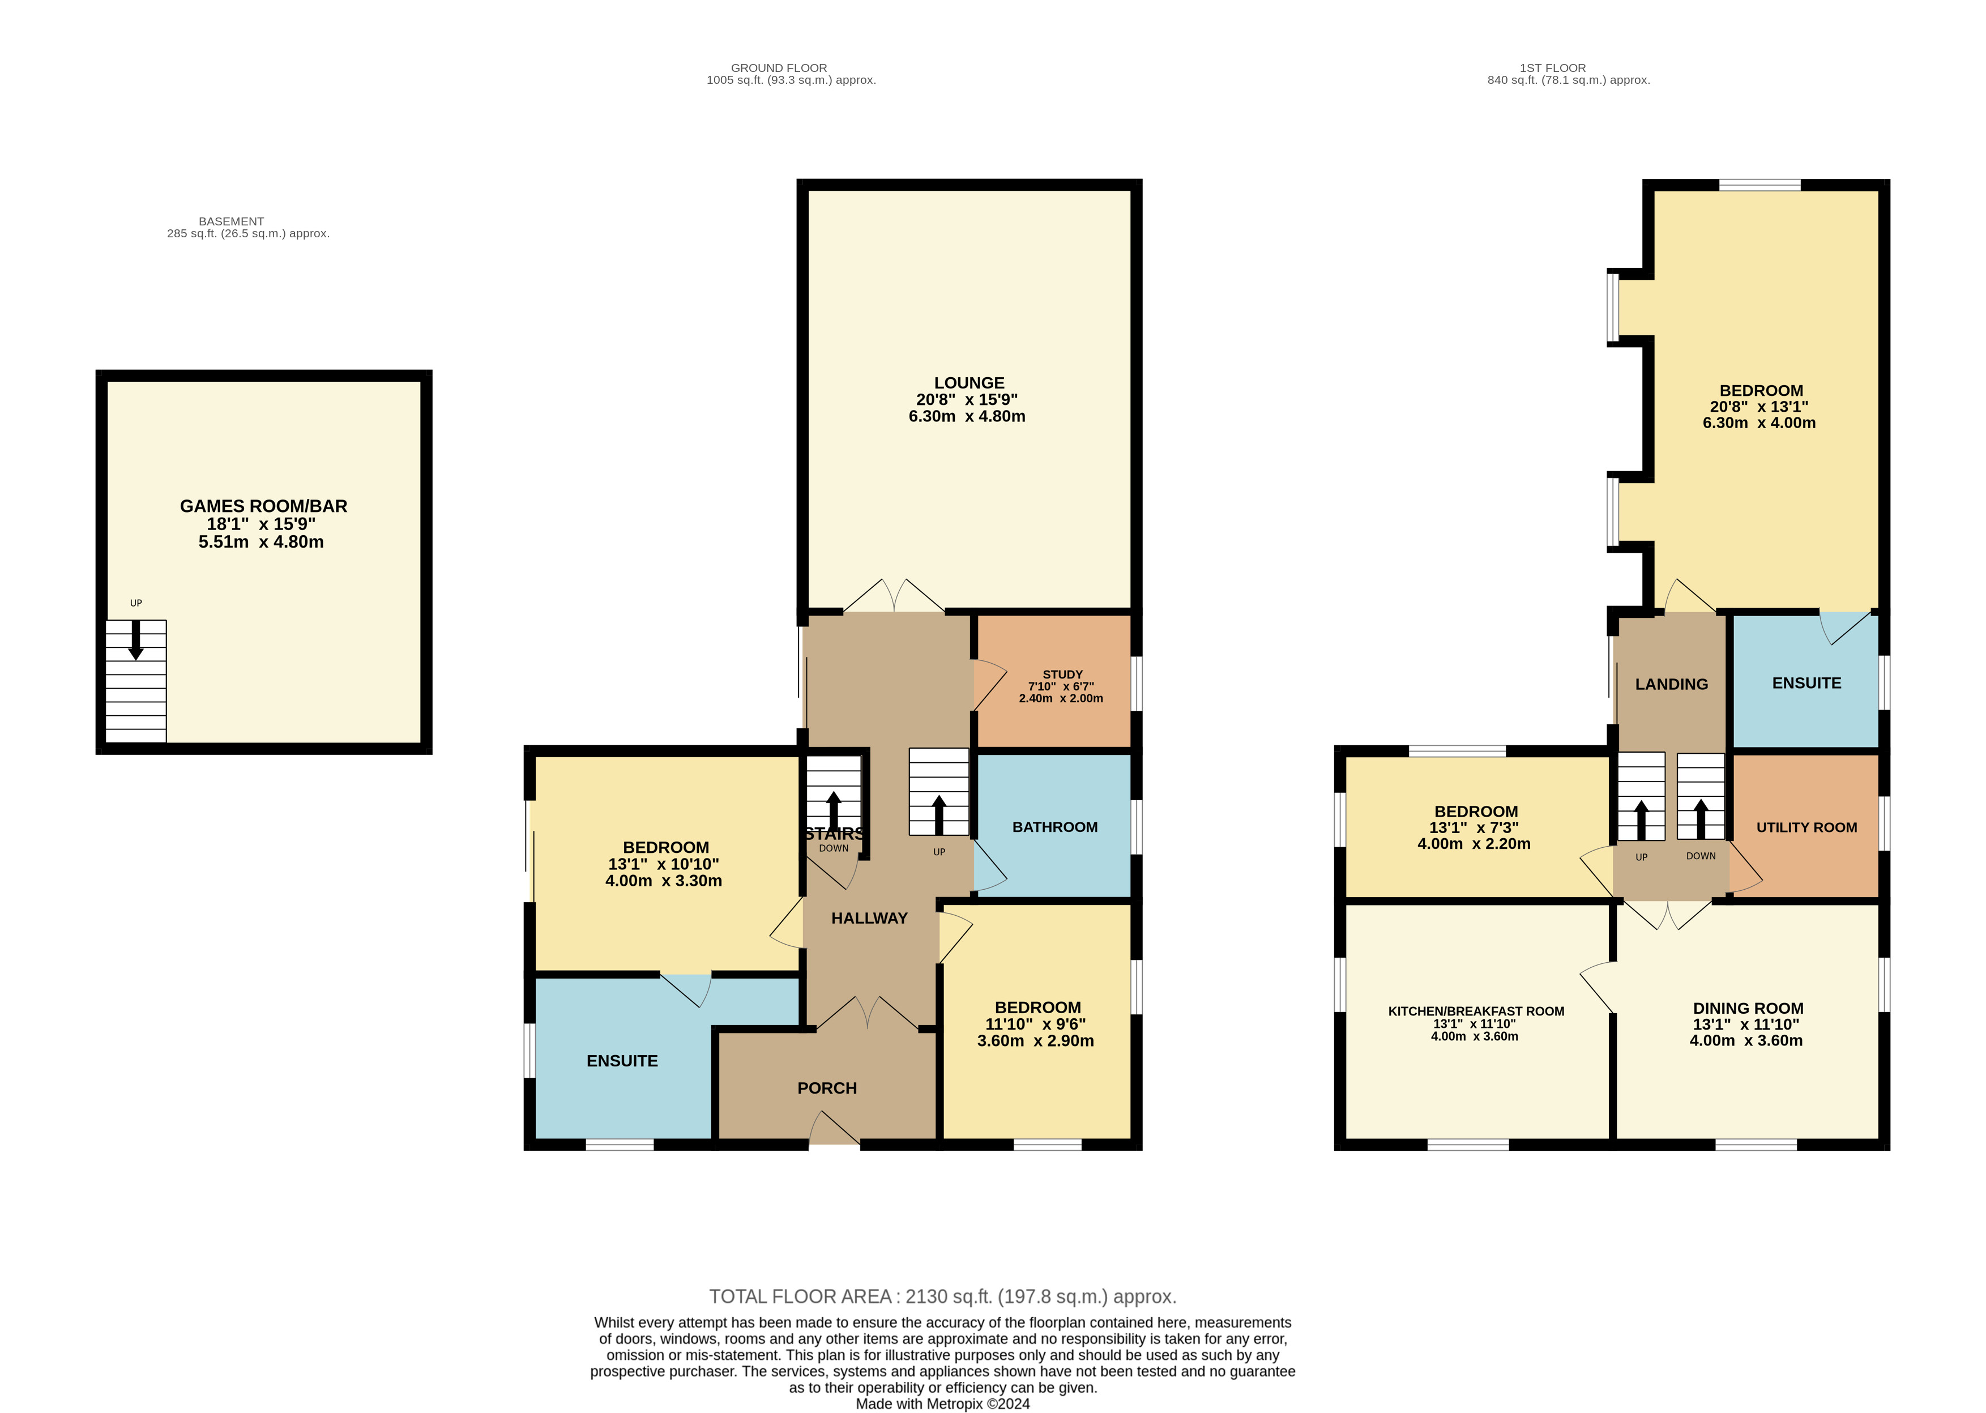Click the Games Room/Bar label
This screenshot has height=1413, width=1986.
263,506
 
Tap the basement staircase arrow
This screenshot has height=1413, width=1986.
136,639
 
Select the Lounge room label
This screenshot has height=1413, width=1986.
969,383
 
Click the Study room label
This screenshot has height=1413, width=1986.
1062,675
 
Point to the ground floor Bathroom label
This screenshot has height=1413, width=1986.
1054,827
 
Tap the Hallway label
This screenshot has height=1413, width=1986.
869,918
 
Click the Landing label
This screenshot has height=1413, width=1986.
1671,684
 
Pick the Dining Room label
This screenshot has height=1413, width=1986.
1748,1009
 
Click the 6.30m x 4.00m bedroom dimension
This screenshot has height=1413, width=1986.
1759,423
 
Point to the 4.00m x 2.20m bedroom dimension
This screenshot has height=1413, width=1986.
1474,843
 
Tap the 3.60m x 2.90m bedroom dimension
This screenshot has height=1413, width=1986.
1035,1040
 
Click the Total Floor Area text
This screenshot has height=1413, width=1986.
943,1296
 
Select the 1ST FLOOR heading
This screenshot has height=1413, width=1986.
1553,68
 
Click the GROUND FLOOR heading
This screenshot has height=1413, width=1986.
779,68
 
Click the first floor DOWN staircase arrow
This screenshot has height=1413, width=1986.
1701,818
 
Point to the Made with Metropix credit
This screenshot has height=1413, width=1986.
943,1403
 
